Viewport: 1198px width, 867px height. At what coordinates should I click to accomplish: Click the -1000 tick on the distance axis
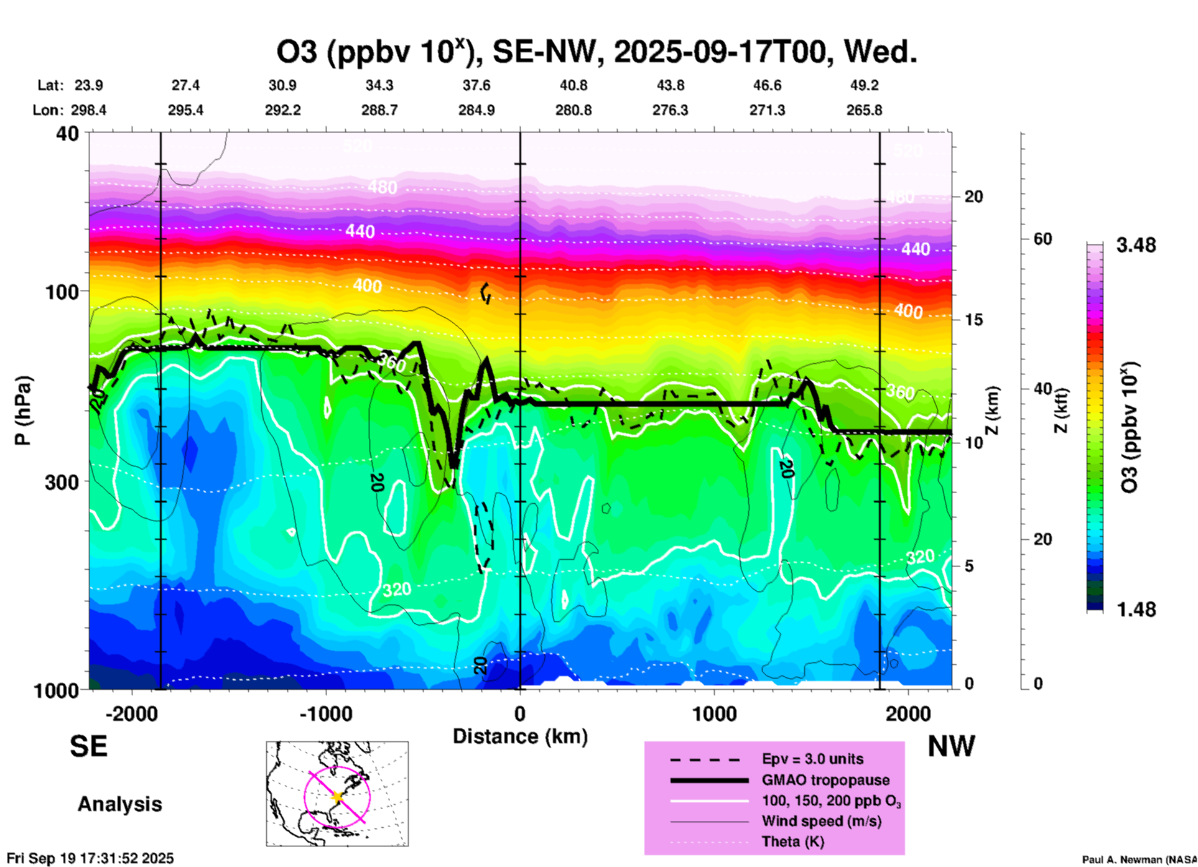pos(326,713)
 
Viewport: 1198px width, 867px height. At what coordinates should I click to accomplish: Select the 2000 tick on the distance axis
pos(908,713)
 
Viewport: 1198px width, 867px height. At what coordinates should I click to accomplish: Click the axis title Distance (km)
pos(520,736)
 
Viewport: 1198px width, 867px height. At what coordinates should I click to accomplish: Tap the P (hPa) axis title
pos(23,410)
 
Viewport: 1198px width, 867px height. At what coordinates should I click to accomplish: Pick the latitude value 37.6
pos(476,85)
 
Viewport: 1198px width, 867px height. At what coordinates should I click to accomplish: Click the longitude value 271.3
pos(767,110)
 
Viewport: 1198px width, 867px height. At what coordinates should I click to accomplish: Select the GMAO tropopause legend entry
pos(825,780)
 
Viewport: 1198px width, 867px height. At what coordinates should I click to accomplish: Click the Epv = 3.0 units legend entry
pos(812,759)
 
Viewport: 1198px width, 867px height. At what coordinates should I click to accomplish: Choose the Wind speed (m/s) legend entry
pos(821,821)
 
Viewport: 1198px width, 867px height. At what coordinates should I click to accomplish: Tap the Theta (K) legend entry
pos(793,841)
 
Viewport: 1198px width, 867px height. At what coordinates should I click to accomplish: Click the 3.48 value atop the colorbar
pos(1136,245)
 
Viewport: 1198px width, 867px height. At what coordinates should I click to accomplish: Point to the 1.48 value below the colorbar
pos(1136,610)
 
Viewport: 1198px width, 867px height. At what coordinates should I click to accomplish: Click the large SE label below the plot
pos(88,746)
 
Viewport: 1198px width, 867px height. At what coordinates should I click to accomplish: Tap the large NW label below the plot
pos(951,746)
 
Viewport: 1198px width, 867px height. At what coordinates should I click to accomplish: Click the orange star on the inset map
pos(338,797)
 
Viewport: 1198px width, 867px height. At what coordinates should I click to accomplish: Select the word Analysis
pos(119,804)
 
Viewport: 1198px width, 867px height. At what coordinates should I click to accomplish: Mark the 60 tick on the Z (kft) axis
pos(1042,239)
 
